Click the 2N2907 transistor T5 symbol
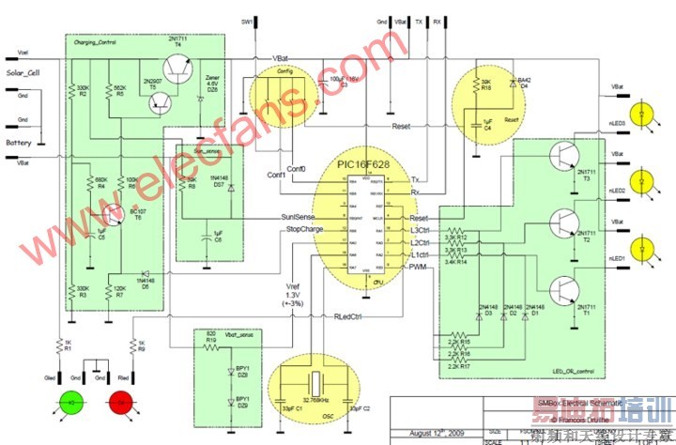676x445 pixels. [157, 101]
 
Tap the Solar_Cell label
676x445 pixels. [24, 72]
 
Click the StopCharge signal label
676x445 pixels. [303, 228]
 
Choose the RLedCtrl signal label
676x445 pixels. [350, 316]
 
